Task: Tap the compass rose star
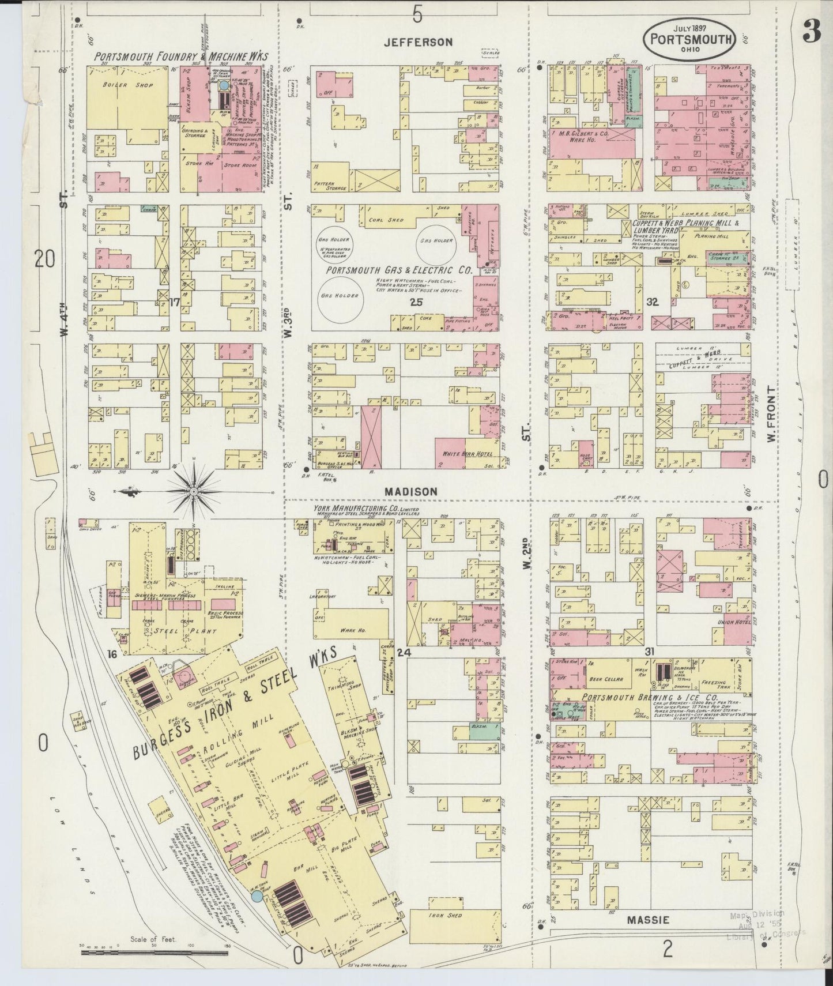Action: [x=194, y=491]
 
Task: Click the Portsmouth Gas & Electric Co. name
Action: [x=398, y=270]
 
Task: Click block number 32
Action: [x=653, y=302]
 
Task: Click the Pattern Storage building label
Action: [x=330, y=186]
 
